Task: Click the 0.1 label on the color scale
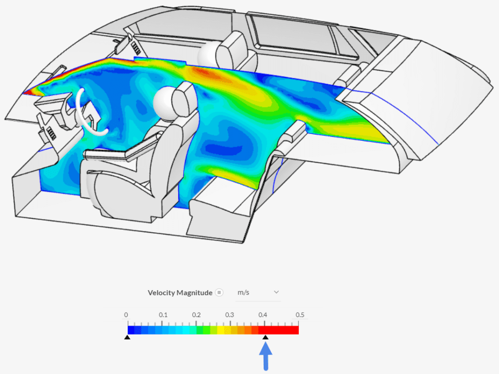[163, 315]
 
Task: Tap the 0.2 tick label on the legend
[196, 315]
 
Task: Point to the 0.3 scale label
[230, 315]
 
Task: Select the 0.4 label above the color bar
[263, 315]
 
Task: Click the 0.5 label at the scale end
[300, 315]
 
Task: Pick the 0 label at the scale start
[126, 315]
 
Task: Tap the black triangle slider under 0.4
[266, 337]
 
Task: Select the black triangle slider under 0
[127, 337]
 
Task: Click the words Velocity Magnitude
[180, 293]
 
